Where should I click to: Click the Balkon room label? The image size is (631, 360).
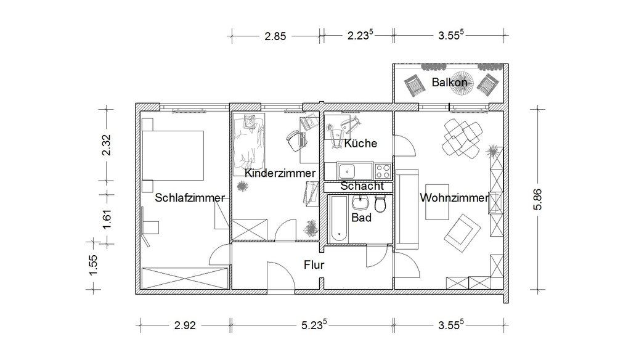click(449, 82)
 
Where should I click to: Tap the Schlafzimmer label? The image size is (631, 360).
click(190, 198)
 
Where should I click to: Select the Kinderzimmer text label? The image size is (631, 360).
click(280, 173)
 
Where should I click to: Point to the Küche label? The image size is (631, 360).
click(360, 143)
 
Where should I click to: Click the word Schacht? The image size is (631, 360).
click(362, 186)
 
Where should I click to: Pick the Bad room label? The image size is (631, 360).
click(361, 218)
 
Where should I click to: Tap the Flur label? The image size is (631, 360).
click(314, 265)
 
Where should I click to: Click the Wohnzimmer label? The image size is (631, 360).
click(454, 198)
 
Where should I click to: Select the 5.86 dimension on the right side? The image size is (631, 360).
click(538, 199)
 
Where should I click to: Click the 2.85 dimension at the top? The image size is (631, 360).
click(275, 36)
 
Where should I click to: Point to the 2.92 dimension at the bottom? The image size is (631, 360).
click(185, 325)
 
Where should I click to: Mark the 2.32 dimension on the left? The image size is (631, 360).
click(106, 145)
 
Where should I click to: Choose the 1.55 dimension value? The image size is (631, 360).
click(93, 266)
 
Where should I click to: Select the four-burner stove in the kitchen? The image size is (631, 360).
click(383, 171)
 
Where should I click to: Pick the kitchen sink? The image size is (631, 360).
click(346, 171)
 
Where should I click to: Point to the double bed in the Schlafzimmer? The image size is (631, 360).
click(173, 155)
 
